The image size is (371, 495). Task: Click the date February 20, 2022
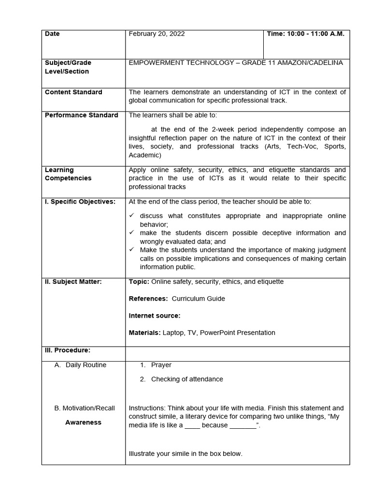(x=157, y=34)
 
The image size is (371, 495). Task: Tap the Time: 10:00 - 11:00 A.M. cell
(x=306, y=34)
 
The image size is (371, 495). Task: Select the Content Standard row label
(x=73, y=92)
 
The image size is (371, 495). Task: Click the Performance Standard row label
(x=81, y=116)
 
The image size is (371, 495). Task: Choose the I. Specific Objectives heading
(x=80, y=202)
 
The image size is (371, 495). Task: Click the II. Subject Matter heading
(x=73, y=282)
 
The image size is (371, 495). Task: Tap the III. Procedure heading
(x=68, y=350)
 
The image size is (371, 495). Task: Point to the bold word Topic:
(x=139, y=282)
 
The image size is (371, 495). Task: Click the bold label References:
(x=148, y=299)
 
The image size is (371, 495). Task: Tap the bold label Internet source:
(x=155, y=316)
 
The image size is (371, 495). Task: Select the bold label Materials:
(x=145, y=333)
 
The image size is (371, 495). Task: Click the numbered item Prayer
(x=161, y=365)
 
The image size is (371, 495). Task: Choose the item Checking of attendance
(x=187, y=379)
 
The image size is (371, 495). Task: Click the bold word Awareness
(x=84, y=422)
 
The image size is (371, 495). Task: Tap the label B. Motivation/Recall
(x=85, y=408)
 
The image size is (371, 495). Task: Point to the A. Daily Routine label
(x=81, y=365)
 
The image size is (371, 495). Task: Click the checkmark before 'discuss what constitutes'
(x=132, y=216)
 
